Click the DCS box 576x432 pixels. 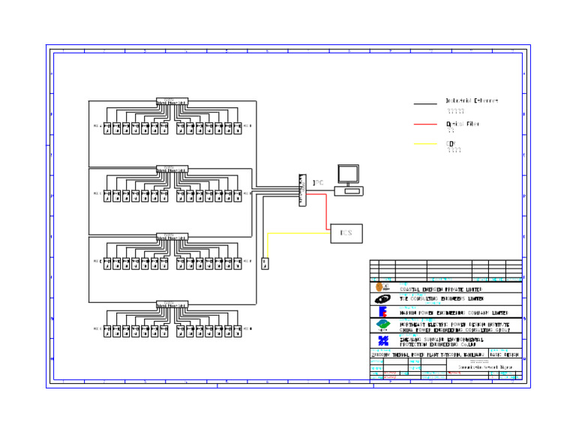pos(346,233)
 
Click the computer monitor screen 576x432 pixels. pos(348,174)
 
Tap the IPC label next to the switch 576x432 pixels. pos(318,182)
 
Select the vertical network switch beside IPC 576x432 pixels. pos(302,190)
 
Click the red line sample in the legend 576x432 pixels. pos(425,124)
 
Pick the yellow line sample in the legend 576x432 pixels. pos(425,144)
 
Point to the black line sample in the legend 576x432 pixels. pos(425,104)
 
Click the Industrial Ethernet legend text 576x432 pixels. pos(472,100)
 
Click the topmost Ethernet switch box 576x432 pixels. pos(172,101)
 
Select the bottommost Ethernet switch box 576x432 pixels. pos(172,304)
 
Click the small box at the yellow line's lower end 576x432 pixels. pos(265,264)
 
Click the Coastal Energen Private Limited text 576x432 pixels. pos(440,289)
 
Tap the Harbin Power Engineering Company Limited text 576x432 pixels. pos(453,313)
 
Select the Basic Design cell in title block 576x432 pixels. pos(504,355)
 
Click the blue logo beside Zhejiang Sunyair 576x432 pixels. pos(382,340)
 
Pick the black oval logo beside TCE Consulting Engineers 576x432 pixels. pos(382,299)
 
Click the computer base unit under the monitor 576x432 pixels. pos(349,190)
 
